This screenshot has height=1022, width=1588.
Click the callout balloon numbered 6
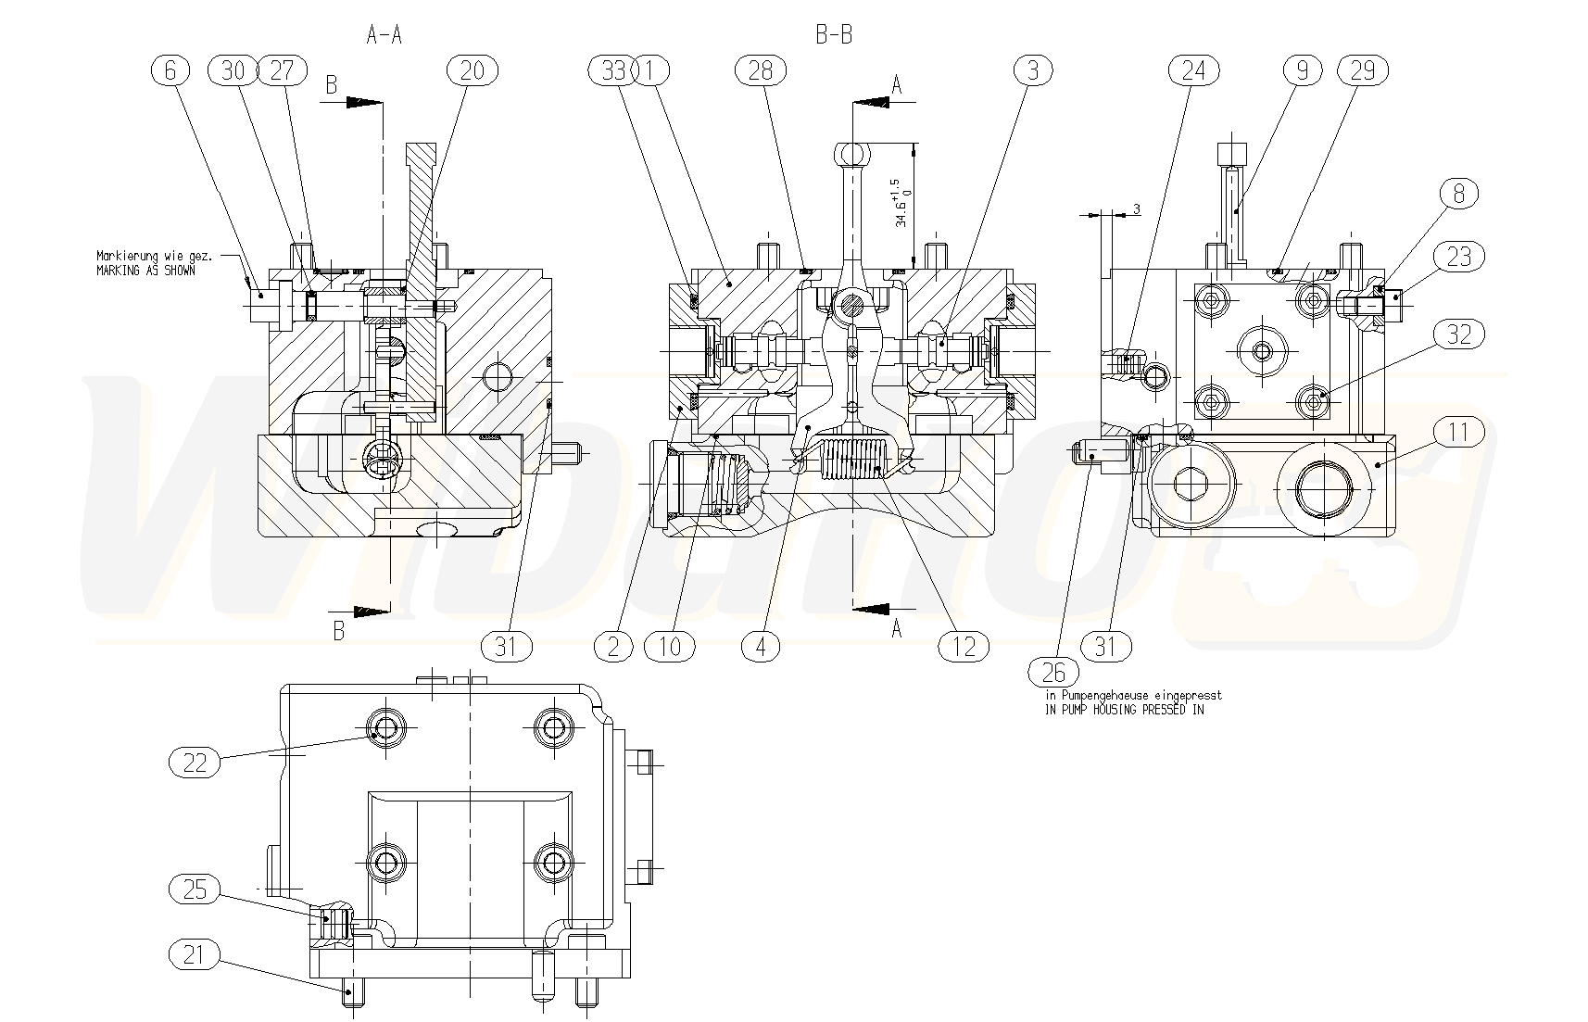point(170,70)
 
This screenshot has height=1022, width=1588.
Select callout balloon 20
point(472,70)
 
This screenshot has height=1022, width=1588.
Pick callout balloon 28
point(760,70)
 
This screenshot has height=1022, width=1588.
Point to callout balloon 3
point(1033,70)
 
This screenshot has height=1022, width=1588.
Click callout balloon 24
point(1193,70)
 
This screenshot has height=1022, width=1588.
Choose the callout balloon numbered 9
point(1302,70)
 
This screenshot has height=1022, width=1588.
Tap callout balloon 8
point(1458,194)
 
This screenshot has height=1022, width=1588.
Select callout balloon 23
point(1458,256)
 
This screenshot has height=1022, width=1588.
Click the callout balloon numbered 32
point(1458,334)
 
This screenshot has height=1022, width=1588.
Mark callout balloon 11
point(1458,432)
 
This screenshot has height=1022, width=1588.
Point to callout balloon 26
point(1053,671)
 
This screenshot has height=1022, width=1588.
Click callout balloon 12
point(964,646)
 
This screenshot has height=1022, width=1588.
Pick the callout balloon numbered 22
point(195,763)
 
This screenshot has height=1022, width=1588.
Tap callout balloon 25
point(195,890)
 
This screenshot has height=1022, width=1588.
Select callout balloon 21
point(195,953)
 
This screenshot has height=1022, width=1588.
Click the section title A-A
point(384,36)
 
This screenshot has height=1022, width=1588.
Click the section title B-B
point(833,36)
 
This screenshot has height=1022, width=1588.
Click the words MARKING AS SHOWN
point(146,271)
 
